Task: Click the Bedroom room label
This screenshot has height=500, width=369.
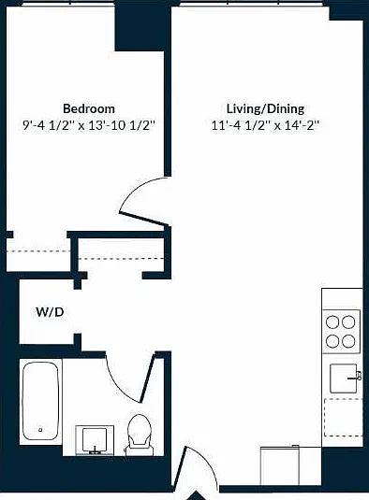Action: pyautogui.click(x=89, y=108)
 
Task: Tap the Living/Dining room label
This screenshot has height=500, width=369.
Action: pyautogui.click(x=265, y=108)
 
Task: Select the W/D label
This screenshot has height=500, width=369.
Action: pyautogui.click(x=50, y=312)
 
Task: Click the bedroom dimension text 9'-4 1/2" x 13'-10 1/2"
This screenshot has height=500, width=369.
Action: pyautogui.click(x=88, y=125)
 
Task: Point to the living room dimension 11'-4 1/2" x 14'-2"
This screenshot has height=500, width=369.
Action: pyautogui.click(x=265, y=125)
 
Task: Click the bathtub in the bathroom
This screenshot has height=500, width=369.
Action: pyautogui.click(x=40, y=401)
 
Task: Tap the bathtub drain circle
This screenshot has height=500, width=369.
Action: pyautogui.click(x=40, y=430)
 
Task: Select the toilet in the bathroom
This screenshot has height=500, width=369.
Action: pyautogui.click(x=140, y=435)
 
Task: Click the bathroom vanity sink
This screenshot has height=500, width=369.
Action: pyautogui.click(x=95, y=440)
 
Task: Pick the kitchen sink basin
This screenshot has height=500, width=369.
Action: pyautogui.click(x=343, y=379)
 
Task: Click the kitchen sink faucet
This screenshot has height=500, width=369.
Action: pyautogui.click(x=356, y=377)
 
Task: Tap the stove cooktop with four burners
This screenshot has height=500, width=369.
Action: pyautogui.click(x=342, y=332)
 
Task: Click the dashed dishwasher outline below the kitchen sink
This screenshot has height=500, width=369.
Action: pyautogui.click(x=344, y=417)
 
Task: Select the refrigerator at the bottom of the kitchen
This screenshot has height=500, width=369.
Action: pyautogui.click(x=280, y=465)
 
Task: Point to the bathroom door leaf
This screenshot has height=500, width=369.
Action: pyautogui.click(x=147, y=378)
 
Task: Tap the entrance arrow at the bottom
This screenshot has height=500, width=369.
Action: pyautogui.click(x=197, y=496)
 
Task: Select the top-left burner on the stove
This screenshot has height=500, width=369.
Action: pyautogui.click(x=332, y=322)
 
